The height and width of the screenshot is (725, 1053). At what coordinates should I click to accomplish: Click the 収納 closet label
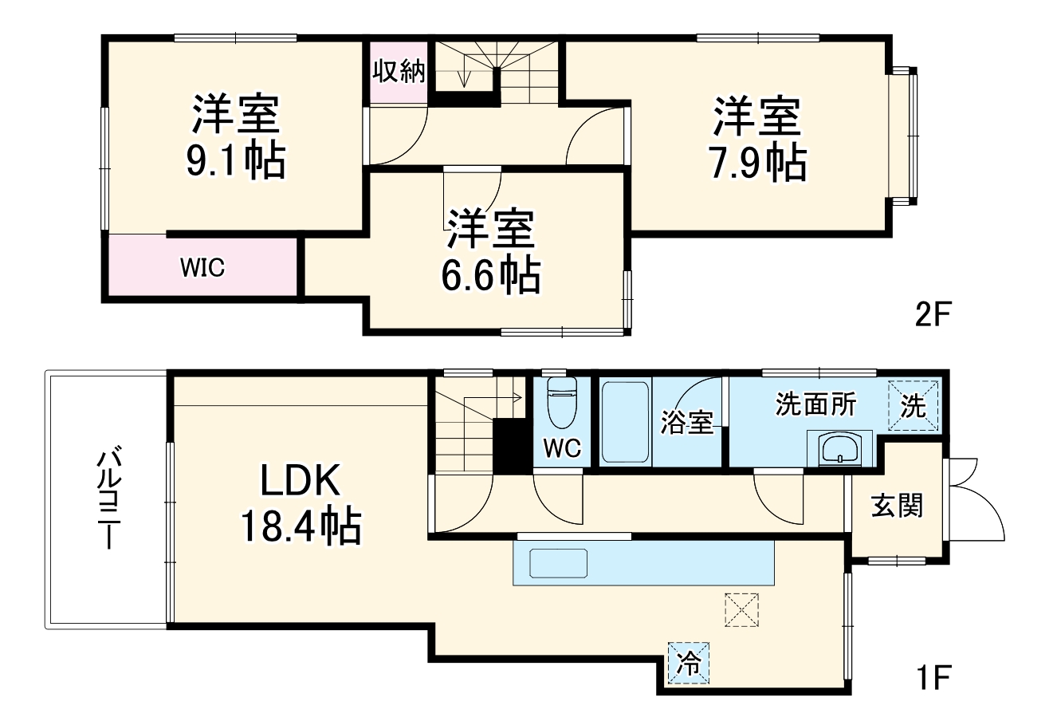[400, 72]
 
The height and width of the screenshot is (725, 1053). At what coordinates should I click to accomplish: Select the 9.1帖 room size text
[235, 161]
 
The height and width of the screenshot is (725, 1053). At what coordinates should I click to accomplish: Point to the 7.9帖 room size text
[757, 163]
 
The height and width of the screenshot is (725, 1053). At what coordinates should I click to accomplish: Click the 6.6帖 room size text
[491, 276]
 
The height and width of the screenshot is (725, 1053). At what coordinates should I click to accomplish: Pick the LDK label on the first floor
[301, 481]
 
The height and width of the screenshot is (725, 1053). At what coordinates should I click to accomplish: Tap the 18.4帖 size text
[301, 526]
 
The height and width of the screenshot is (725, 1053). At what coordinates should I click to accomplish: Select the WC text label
[562, 449]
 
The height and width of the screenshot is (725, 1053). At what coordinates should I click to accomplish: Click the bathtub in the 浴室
[626, 423]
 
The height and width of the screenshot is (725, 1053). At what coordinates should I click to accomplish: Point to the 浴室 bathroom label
[686, 424]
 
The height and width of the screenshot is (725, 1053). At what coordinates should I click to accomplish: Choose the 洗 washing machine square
[914, 407]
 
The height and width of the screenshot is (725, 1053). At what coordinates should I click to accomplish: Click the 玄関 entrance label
[897, 505]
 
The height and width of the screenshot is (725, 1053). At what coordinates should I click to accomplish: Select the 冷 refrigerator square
[687, 662]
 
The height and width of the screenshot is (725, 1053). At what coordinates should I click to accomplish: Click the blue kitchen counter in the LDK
[643, 563]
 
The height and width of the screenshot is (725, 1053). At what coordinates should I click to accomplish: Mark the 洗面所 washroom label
[816, 404]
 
